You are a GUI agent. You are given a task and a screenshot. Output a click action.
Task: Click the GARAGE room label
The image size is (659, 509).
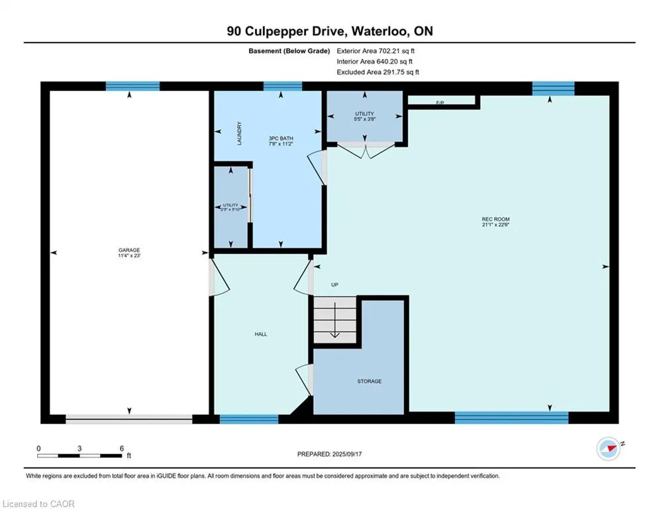(x=129, y=250)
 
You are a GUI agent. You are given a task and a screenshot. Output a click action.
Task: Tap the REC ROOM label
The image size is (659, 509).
(x=495, y=219)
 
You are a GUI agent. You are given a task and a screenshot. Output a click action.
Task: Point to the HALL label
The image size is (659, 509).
(x=261, y=334)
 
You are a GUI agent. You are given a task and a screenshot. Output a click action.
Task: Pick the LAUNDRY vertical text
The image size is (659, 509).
(x=240, y=133)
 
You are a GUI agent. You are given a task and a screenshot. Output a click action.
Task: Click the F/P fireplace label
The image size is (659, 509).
(x=440, y=101)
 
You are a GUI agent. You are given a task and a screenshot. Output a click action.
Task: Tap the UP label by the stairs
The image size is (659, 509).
(x=334, y=285)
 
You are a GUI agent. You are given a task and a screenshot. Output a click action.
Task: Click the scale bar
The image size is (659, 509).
(x=79, y=455)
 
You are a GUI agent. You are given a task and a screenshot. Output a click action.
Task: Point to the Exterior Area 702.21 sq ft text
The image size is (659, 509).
(x=376, y=50)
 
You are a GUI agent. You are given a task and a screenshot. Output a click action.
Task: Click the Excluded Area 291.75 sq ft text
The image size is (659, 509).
(x=378, y=72)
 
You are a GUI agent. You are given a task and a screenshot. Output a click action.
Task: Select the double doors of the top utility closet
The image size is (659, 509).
(x=365, y=150)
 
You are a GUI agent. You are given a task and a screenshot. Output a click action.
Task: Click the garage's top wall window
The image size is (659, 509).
(x=132, y=86)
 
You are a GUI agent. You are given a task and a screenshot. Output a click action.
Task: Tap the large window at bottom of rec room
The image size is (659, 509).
(x=511, y=418)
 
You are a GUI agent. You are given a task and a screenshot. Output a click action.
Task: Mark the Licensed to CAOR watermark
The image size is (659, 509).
(x=39, y=504)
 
